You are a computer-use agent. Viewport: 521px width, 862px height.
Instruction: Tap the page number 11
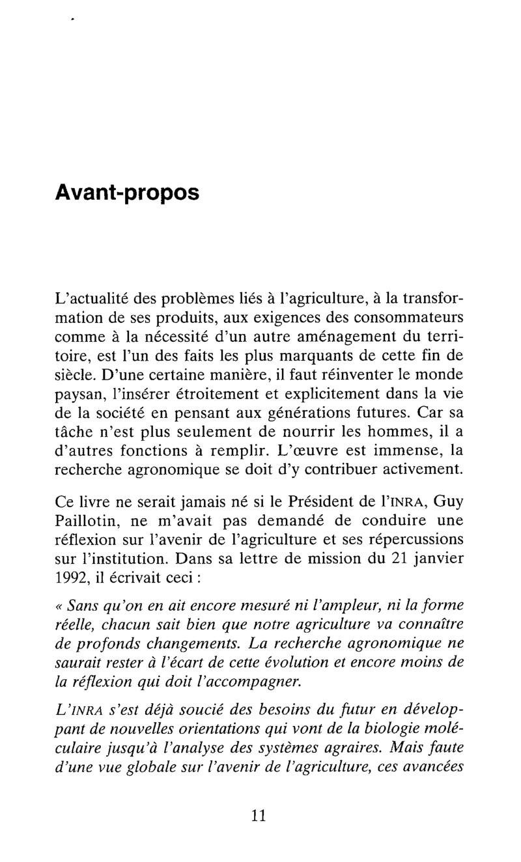tap(259, 816)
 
